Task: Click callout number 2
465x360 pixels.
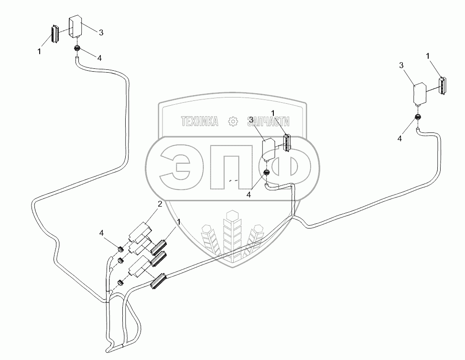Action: coord(160,204)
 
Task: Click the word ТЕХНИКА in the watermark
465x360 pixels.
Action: coord(200,121)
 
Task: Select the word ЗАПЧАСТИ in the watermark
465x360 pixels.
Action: coord(268,121)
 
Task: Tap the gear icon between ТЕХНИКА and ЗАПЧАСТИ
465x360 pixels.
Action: coord(233,121)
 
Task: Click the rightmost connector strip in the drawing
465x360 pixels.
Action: coord(443,86)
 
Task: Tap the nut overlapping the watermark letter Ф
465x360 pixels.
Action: coord(266,173)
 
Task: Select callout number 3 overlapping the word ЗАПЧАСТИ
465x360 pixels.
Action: coord(251,120)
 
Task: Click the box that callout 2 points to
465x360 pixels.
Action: coord(140,230)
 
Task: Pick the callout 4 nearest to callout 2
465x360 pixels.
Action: coord(102,233)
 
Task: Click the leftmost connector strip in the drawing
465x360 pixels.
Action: coord(55,33)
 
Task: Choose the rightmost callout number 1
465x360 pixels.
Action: coord(427,55)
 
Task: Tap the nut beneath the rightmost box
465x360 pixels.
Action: coord(419,117)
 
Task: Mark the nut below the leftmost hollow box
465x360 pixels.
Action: coord(77,48)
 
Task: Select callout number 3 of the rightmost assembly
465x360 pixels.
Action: coord(402,65)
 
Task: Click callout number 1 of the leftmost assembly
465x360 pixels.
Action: coord(39,51)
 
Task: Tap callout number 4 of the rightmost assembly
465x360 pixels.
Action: coord(400,138)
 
